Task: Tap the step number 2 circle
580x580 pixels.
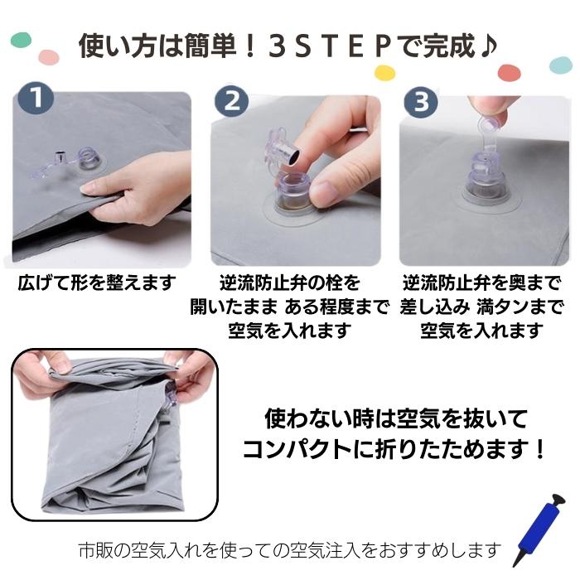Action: click(x=232, y=100)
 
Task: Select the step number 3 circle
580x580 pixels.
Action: click(x=421, y=102)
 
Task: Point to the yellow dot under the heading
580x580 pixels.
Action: click(x=384, y=73)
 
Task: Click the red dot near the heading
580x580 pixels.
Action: click(x=510, y=72)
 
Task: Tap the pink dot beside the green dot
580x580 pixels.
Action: click(x=49, y=57)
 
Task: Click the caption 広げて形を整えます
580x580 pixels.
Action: click(x=97, y=283)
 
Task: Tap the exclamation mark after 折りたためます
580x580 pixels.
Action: click(x=540, y=448)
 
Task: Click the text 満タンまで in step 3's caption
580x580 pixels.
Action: click(x=520, y=307)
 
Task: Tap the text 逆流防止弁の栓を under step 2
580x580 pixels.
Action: click(x=290, y=283)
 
